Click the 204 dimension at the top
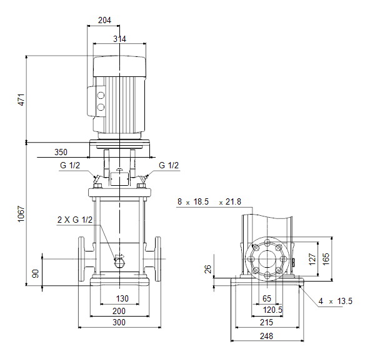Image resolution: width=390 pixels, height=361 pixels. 104,20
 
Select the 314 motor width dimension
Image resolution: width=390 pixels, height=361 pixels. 119,39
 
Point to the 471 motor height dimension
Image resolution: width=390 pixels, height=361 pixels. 21,99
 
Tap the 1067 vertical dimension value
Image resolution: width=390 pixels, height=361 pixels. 21,214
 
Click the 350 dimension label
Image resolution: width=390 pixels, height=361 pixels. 61,152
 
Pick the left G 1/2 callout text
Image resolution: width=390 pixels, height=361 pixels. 70,165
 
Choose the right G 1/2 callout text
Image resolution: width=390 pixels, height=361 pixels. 169,165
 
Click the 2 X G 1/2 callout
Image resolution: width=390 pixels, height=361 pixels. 75,220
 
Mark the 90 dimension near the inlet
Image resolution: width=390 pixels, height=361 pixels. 36,273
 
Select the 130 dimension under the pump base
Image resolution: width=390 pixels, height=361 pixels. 122,298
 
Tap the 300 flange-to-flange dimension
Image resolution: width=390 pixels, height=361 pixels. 119,322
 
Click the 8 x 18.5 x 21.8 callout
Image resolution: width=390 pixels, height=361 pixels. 209,201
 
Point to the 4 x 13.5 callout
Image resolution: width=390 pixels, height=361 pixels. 336,301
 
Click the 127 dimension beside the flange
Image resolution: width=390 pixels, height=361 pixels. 312,259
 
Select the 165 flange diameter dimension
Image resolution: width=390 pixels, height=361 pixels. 326,259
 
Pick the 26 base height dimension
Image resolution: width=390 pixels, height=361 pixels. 208,269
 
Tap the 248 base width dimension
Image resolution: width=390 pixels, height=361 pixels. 266,336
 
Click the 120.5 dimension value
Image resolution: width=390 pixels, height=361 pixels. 273,310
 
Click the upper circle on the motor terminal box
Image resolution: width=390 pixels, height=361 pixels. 101,95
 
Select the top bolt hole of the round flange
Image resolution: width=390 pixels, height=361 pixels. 267,243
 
